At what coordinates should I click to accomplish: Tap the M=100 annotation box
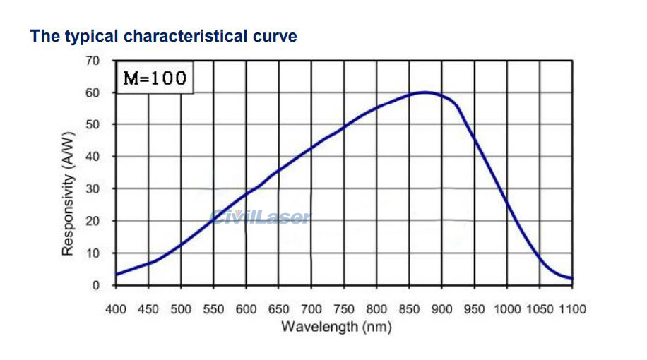click(x=155, y=78)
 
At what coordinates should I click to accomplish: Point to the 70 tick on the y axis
click(x=93, y=61)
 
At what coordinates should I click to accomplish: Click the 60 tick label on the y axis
click(x=93, y=93)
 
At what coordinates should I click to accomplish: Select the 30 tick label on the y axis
click(x=93, y=189)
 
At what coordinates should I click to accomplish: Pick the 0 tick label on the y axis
click(x=96, y=285)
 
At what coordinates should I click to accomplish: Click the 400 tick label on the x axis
click(x=116, y=309)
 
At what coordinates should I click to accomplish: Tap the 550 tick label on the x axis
click(x=213, y=309)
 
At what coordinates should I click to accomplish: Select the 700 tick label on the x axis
click(x=311, y=309)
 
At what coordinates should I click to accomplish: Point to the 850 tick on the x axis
click(x=409, y=309)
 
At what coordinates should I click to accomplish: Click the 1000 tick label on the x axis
click(x=507, y=309)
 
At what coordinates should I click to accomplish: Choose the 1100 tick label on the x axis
click(x=572, y=309)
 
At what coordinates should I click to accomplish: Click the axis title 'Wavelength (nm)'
click(x=336, y=327)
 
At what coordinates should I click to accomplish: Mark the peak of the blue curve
click(x=425, y=92)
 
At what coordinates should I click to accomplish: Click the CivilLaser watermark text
click(x=260, y=217)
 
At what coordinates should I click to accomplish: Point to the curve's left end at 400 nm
click(x=117, y=274)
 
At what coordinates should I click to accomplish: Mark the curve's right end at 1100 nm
click(x=571, y=278)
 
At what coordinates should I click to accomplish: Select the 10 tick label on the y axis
click(x=93, y=253)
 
